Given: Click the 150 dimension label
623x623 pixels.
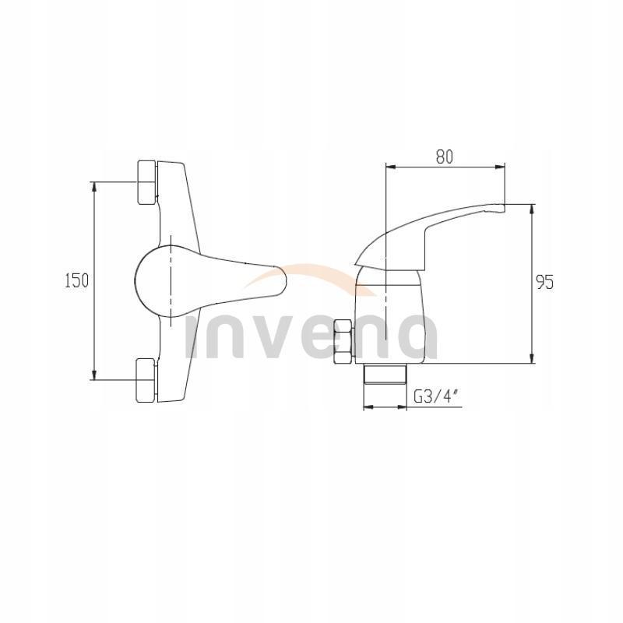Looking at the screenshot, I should point(76,281).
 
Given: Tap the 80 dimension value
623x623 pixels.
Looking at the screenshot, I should point(444,156).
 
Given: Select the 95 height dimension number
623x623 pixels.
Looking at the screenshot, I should point(544,283).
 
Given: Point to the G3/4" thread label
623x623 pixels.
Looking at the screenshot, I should point(435,396).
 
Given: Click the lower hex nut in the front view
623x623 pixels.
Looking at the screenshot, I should point(146,380).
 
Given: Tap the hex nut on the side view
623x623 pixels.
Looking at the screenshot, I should point(342,342).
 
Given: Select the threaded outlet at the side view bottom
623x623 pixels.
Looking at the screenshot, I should point(386,374).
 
